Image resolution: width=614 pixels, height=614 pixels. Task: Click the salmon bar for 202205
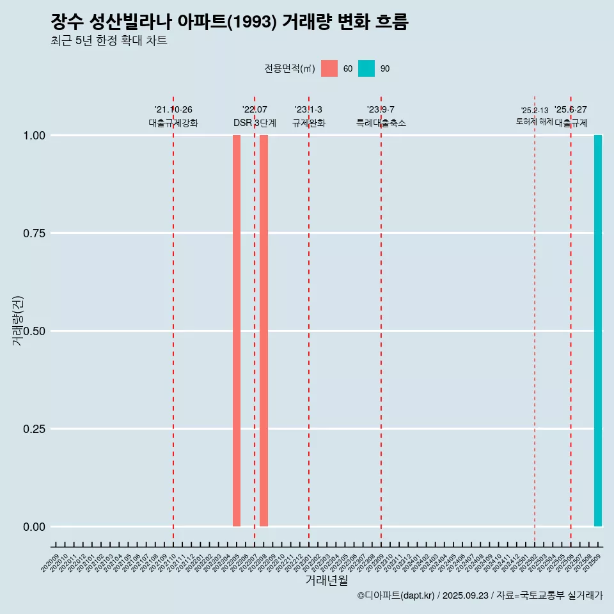click(237, 331)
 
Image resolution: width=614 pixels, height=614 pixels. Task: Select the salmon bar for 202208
click(264, 331)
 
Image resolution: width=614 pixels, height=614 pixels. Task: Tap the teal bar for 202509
click(598, 331)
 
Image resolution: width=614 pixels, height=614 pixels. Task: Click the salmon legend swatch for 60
click(329, 68)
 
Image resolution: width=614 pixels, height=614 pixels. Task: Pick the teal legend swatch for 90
click(366, 68)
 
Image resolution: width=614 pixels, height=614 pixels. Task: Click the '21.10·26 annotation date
click(173, 110)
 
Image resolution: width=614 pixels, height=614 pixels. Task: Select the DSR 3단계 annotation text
click(255, 123)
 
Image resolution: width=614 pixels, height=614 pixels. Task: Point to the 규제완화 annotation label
click(309, 123)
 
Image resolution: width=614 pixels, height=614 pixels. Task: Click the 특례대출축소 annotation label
click(381, 123)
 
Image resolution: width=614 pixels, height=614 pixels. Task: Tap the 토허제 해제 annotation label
click(534, 122)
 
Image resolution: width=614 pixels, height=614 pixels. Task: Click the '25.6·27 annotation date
click(571, 110)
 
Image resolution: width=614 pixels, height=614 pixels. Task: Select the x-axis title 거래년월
click(327, 580)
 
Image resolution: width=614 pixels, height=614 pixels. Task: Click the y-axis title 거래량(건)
click(17, 320)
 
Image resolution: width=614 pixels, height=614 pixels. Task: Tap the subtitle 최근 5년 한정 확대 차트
click(109, 41)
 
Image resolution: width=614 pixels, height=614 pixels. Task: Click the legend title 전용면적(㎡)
click(290, 68)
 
